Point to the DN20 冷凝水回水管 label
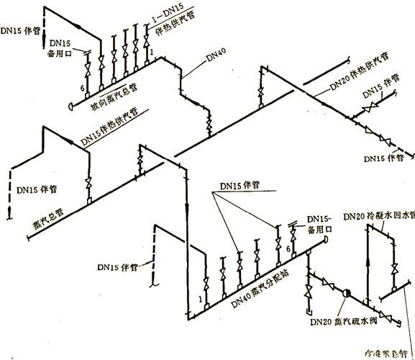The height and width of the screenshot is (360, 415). [x=380, y=216]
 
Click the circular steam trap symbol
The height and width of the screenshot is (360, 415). [x=345, y=294]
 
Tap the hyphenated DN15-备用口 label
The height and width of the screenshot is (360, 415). [x=321, y=225]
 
